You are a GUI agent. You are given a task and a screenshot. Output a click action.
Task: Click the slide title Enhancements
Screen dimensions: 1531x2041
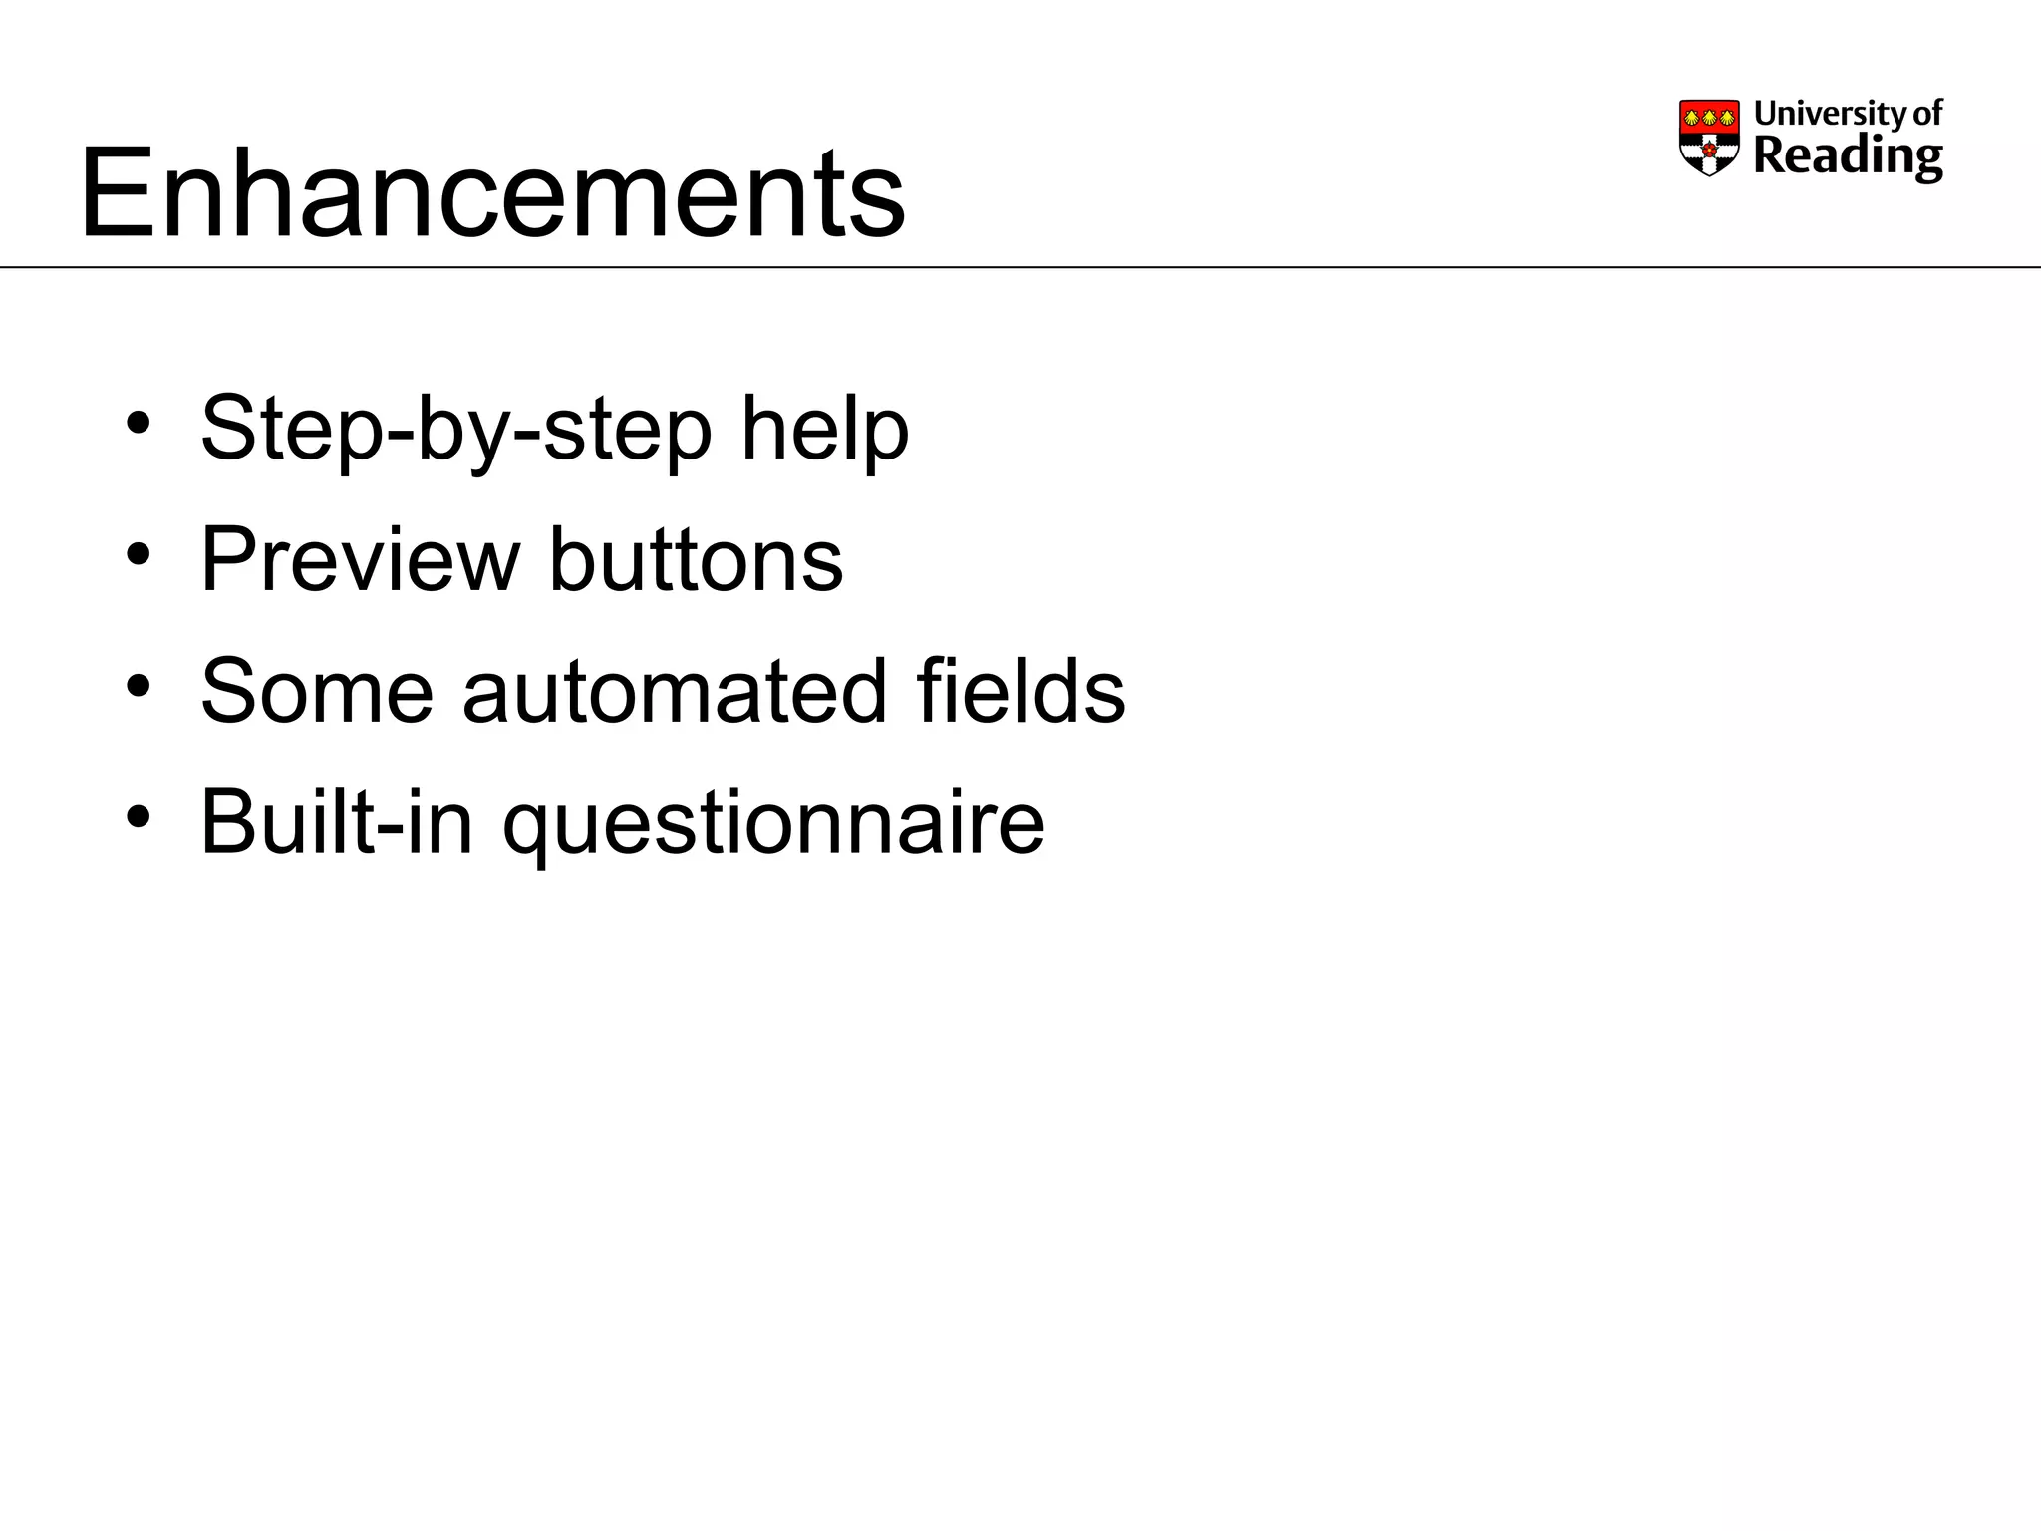pos(492,192)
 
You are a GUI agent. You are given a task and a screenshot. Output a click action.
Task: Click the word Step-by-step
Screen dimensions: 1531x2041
pos(454,429)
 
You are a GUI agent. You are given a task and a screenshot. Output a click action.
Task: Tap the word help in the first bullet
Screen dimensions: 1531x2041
pos(824,429)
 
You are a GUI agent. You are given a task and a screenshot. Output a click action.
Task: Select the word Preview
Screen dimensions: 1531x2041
pos(360,559)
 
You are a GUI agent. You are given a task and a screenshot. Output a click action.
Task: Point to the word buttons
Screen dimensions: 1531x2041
pos(696,559)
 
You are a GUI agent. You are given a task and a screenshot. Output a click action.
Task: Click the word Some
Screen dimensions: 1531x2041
pos(317,691)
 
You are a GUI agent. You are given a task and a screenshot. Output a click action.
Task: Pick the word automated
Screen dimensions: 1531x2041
pos(674,691)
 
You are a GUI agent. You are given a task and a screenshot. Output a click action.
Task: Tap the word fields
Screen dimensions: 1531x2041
pos(1020,691)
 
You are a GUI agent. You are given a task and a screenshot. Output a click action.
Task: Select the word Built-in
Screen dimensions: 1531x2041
pos(336,822)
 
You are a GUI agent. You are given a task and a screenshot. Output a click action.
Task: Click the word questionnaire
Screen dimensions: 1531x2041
pos(773,822)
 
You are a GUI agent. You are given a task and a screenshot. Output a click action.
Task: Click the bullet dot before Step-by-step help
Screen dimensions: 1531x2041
pos(139,423)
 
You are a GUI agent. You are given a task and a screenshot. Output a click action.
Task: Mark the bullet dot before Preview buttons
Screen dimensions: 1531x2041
pos(139,554)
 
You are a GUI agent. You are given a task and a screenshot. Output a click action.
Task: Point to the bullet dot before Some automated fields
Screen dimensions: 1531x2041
pos(139,686)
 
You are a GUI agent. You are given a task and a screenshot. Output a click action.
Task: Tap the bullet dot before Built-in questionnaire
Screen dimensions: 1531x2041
pos(139,817)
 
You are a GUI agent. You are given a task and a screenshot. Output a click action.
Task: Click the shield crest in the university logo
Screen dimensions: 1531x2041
pos(1709,140)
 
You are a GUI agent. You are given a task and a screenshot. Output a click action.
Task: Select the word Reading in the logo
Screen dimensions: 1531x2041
pos(1847,156)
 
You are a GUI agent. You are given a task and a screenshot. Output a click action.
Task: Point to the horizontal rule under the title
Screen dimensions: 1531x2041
pos(1020,267)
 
